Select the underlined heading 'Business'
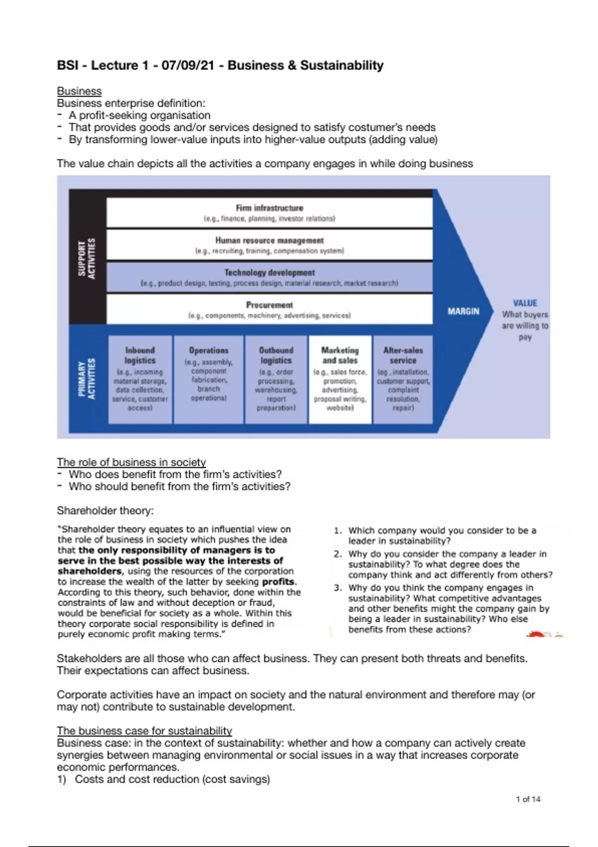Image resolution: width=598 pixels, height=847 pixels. point(79,91)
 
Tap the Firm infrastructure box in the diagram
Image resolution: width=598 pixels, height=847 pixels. point(269,213)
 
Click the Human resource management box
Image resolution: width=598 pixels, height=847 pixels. point(269,245)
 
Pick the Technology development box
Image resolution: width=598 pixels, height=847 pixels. point(269,278)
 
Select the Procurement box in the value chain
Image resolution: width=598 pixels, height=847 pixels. point(269,309)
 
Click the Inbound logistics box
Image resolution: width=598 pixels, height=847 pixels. point(140,379)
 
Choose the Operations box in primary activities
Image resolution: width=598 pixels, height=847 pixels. point(208,379)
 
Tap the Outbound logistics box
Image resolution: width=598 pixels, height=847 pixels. point(276,379)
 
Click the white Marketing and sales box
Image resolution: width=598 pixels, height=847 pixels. point(340,379)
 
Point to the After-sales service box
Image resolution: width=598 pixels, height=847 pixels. point(403,379)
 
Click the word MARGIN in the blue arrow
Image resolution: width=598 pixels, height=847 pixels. point(463,311)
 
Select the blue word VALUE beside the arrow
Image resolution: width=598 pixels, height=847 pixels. point(525,303)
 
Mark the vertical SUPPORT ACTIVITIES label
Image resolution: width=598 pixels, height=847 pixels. point(87,259)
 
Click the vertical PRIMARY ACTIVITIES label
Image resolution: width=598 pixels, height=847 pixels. point(87,378)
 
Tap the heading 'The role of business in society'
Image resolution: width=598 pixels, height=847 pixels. point(131,462)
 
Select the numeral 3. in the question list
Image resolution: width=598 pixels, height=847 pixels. point(338,588)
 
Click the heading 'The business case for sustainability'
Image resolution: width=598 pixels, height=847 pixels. point(145,731)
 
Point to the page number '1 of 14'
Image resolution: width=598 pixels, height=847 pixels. point(528,799)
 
